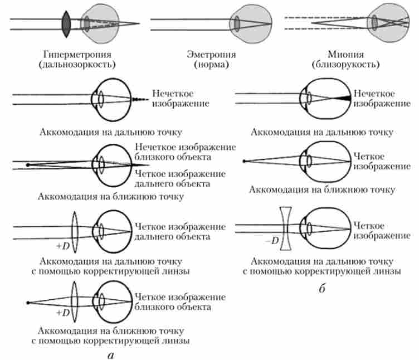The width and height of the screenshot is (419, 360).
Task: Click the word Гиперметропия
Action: [x=77, y=55]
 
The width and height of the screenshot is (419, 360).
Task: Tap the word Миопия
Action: [x=347, y=55]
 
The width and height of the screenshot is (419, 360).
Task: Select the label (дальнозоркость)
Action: [x=77, y=65]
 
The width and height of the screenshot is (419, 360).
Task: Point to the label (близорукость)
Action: [x=347, y=65]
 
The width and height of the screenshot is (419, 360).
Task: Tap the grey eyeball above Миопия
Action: [x=384, y=22]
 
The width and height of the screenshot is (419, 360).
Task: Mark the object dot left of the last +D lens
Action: [x=27, y=303]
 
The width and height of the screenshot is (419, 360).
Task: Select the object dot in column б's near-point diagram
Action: [x=244, y=162]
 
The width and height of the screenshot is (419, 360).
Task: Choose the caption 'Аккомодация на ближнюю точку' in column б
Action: [x=322, y=189]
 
